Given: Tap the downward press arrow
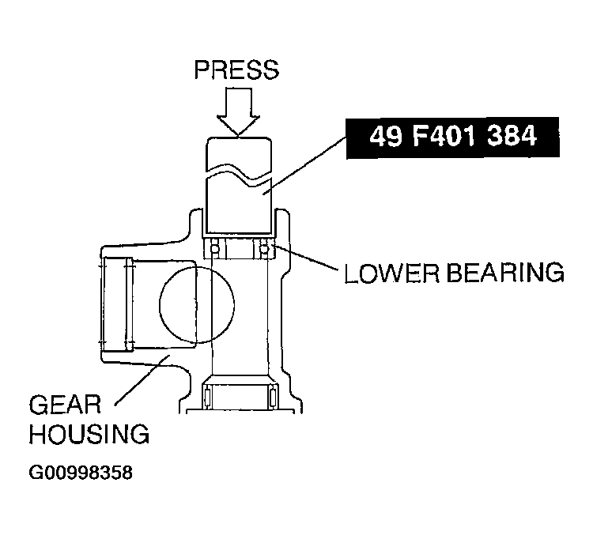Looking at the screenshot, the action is pyautogui.click(x=237, y=111).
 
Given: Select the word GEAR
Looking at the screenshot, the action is pyautogui.click(x=65, y=405).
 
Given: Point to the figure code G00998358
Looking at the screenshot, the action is pyautogui.click(x=80, y=474).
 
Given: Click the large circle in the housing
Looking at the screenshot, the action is pyautogui.click(x=197, y=304).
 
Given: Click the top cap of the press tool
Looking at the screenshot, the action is pyautogui.click(x=237, y=153).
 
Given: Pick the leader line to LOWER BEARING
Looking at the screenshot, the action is pyautogui.click(x=308, y=262).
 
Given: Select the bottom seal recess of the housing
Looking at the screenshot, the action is pyautogui.click(x=238, y=395).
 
